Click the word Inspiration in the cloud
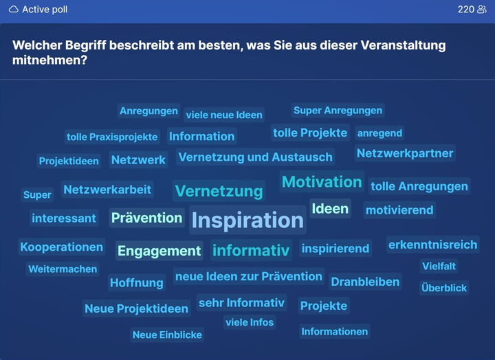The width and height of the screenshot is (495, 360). (x=247, y=220)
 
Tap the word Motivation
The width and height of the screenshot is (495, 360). (x=322, y=182)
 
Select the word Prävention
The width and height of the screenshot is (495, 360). (x=146, y=218)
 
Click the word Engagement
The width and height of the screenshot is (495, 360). (x=159, y=251)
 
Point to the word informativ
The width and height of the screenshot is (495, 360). (x=251, y=250)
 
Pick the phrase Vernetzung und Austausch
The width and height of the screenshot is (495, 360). (x=255, y=157)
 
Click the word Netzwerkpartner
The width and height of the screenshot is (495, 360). (x=405, y=153)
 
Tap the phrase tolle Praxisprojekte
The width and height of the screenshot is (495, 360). (x=112, y=137)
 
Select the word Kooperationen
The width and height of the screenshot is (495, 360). (x=62, y=247)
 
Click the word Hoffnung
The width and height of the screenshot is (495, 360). (x=136, y=282)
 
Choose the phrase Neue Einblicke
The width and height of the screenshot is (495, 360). (x=167, y=335)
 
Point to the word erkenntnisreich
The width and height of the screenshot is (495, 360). (x=432, y=244)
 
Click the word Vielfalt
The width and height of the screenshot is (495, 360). (x=439, y=266)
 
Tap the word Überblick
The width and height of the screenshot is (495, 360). (x=444, y=288)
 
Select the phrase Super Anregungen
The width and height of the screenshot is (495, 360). (x=338, y=110)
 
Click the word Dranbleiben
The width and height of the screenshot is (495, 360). (x=365, y=282)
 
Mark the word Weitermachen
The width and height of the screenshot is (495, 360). (x=63, y=269)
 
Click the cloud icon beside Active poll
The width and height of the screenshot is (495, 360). (x=14, y=10)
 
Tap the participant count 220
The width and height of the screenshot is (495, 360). (x=466, y=10)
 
